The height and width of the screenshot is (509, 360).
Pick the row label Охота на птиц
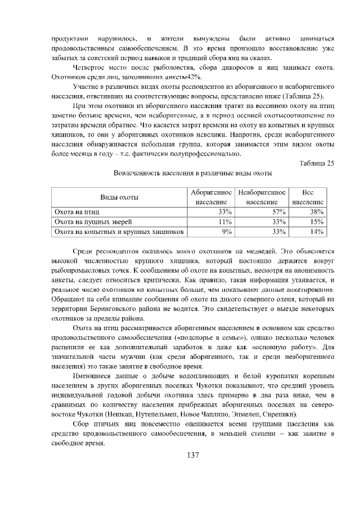click(x=76, y=211)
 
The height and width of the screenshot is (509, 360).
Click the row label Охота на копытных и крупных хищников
click(x=118, y=231)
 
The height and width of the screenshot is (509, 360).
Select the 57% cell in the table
click(x=279, y=211)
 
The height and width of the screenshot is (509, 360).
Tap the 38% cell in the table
click(x=317, y=211)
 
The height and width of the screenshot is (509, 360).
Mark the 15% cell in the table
click(x=317, y=221)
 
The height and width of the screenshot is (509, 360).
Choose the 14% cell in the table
click(x=317, y=231)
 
